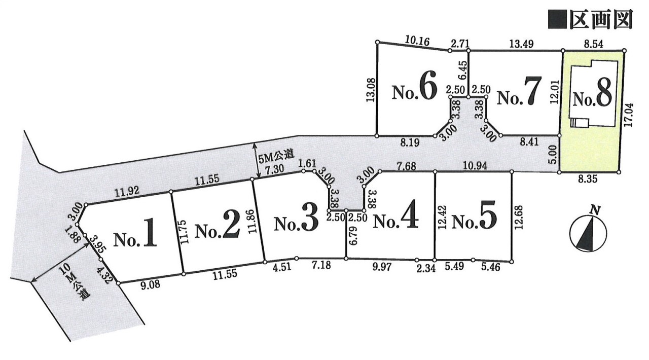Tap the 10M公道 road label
click(73, 286)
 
